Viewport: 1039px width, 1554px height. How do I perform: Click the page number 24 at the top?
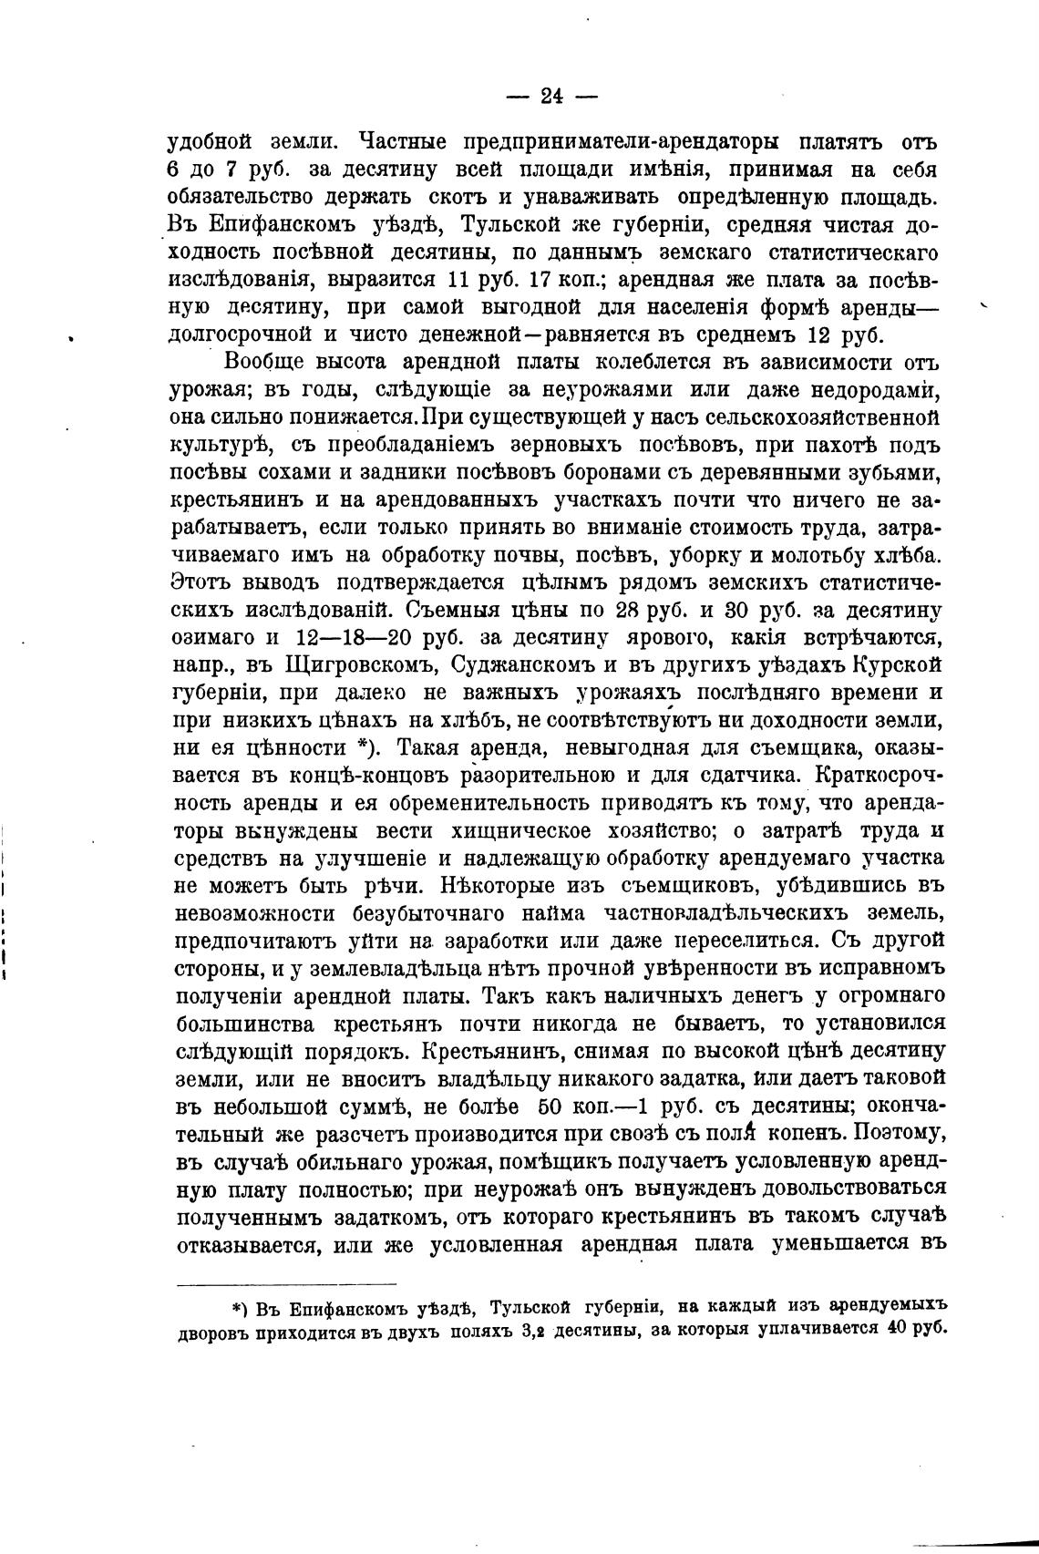click(x=552, y=96)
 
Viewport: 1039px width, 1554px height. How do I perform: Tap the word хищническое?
click(x=520, y=832)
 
